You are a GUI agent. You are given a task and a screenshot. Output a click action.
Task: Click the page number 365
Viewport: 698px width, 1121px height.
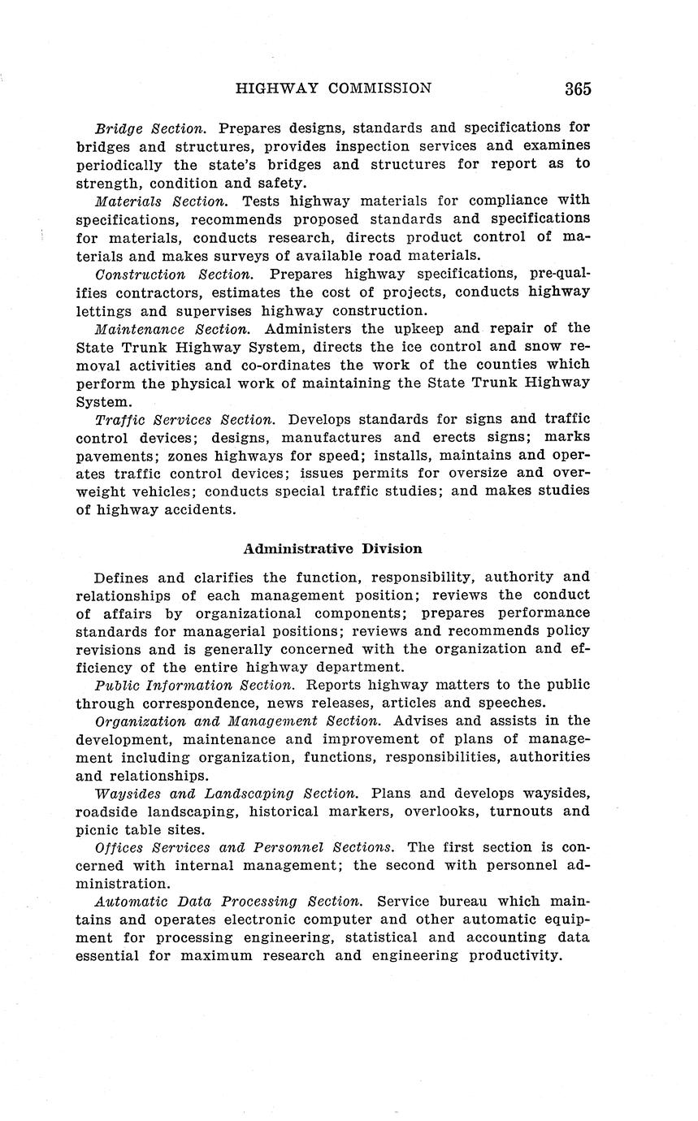pyautogui.click(x=578, y=89)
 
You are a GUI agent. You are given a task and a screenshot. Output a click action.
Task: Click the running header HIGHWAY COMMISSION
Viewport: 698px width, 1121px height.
pyautogui.click(x=333, y=89)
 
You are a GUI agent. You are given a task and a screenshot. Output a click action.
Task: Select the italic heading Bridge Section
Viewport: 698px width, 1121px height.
pyautogui.click(x=150, y=128)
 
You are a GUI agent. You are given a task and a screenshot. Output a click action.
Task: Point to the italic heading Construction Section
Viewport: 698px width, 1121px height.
pyautogui.click(x=175, y=275)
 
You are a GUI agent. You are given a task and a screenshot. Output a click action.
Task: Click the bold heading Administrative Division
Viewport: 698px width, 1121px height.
pyautogui.click(x=333, y=548)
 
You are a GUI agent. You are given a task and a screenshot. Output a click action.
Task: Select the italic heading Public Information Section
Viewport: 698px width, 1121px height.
pyautogui.click(x=195, y=685)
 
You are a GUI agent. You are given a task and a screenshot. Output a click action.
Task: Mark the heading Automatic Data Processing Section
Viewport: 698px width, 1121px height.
pyautogui.click(x=228, y=902)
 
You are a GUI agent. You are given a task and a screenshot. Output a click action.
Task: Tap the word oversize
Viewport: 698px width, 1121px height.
pyautogui.click(x=473, y=473)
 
